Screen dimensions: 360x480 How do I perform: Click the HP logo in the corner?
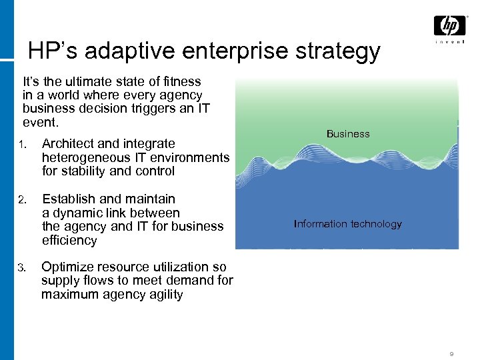[449, 26]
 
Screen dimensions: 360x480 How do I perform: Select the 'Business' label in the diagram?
[348, 134]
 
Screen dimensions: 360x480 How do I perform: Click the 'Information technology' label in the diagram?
[348, 224]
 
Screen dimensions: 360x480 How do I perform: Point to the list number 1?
[22, 144]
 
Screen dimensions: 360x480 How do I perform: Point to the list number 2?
[22, 199]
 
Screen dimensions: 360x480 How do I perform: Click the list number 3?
[22, 268]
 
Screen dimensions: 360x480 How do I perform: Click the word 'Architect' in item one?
[67, 143]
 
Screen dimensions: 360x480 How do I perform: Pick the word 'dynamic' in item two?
[76, 213]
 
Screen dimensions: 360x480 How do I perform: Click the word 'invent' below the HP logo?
[449, 42]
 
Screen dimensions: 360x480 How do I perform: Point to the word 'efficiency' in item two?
[69, 241]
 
